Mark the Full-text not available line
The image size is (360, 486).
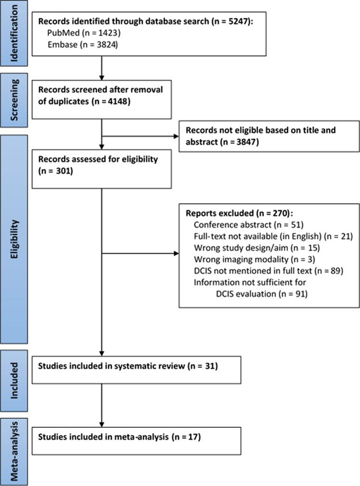(x=273, y=236)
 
